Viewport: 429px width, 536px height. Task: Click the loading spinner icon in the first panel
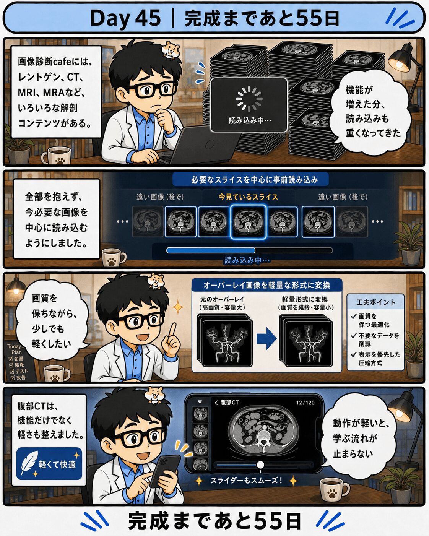pos(249,99)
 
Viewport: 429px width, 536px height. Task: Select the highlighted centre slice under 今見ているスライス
pos(248,222)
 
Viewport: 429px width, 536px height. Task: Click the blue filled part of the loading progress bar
pos(211,250)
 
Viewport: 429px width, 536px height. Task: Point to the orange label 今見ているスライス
pos(248,197)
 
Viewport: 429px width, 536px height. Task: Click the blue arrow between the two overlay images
pos(266,338)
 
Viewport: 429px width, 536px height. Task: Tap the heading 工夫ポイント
pos(375,302)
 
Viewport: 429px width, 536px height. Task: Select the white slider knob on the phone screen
pos(260,465)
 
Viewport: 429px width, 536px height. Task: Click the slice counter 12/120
pos(305,403)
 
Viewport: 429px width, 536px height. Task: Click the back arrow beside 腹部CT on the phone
pos(216,403)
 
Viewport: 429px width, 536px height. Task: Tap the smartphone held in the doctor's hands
pos(165,470)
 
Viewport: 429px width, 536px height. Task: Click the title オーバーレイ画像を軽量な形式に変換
pos(266,285)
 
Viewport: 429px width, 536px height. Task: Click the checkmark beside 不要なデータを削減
pos(354,336)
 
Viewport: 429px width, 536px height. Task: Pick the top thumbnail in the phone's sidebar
pos(201,414)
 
